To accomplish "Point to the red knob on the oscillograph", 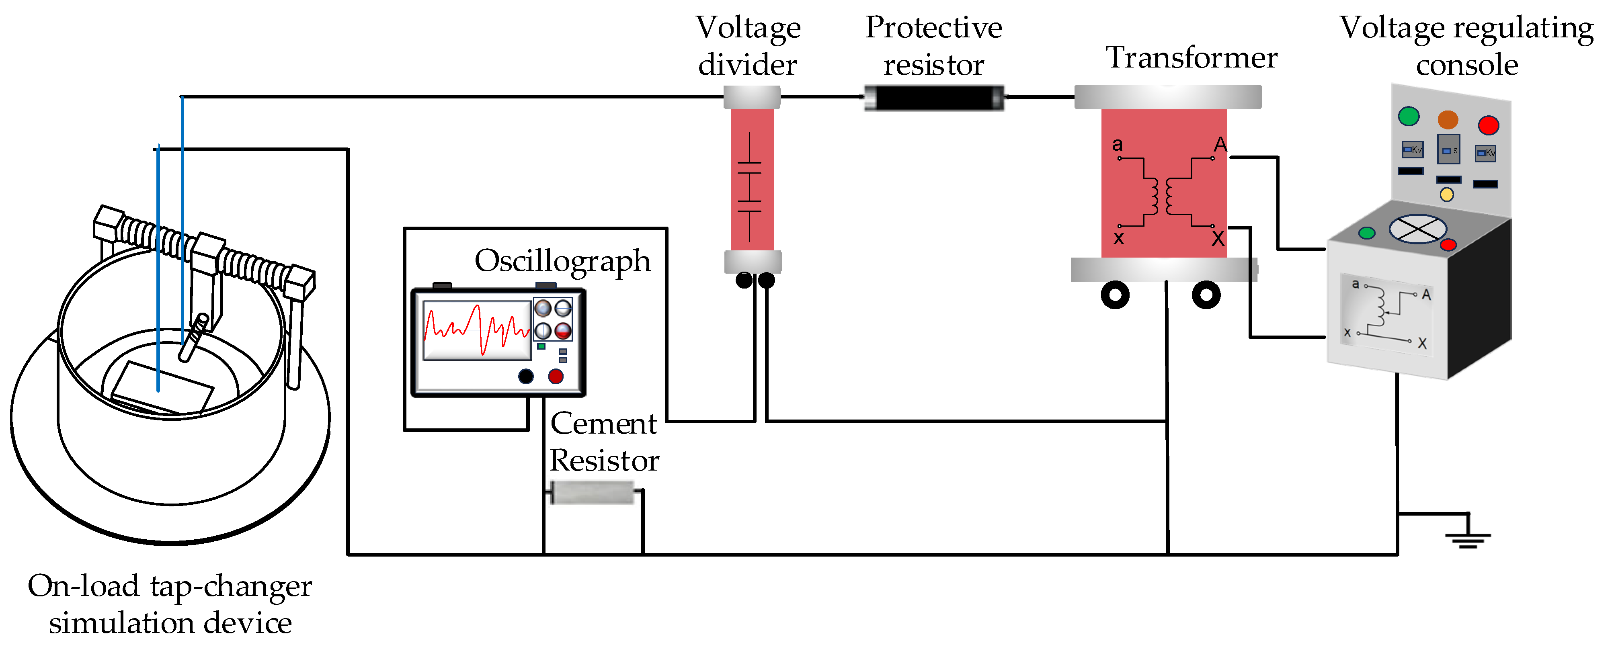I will click(x=556, y=376).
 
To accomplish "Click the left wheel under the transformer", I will click(x=1115, y=295).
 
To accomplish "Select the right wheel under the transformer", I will click(x=1206, y=295).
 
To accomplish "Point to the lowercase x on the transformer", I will click(x=1118, y=238).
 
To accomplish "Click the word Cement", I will click(x=603, y=424).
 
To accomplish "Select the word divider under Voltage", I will click(x=747, y=65).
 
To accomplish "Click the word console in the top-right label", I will click(x=1467, y=65).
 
